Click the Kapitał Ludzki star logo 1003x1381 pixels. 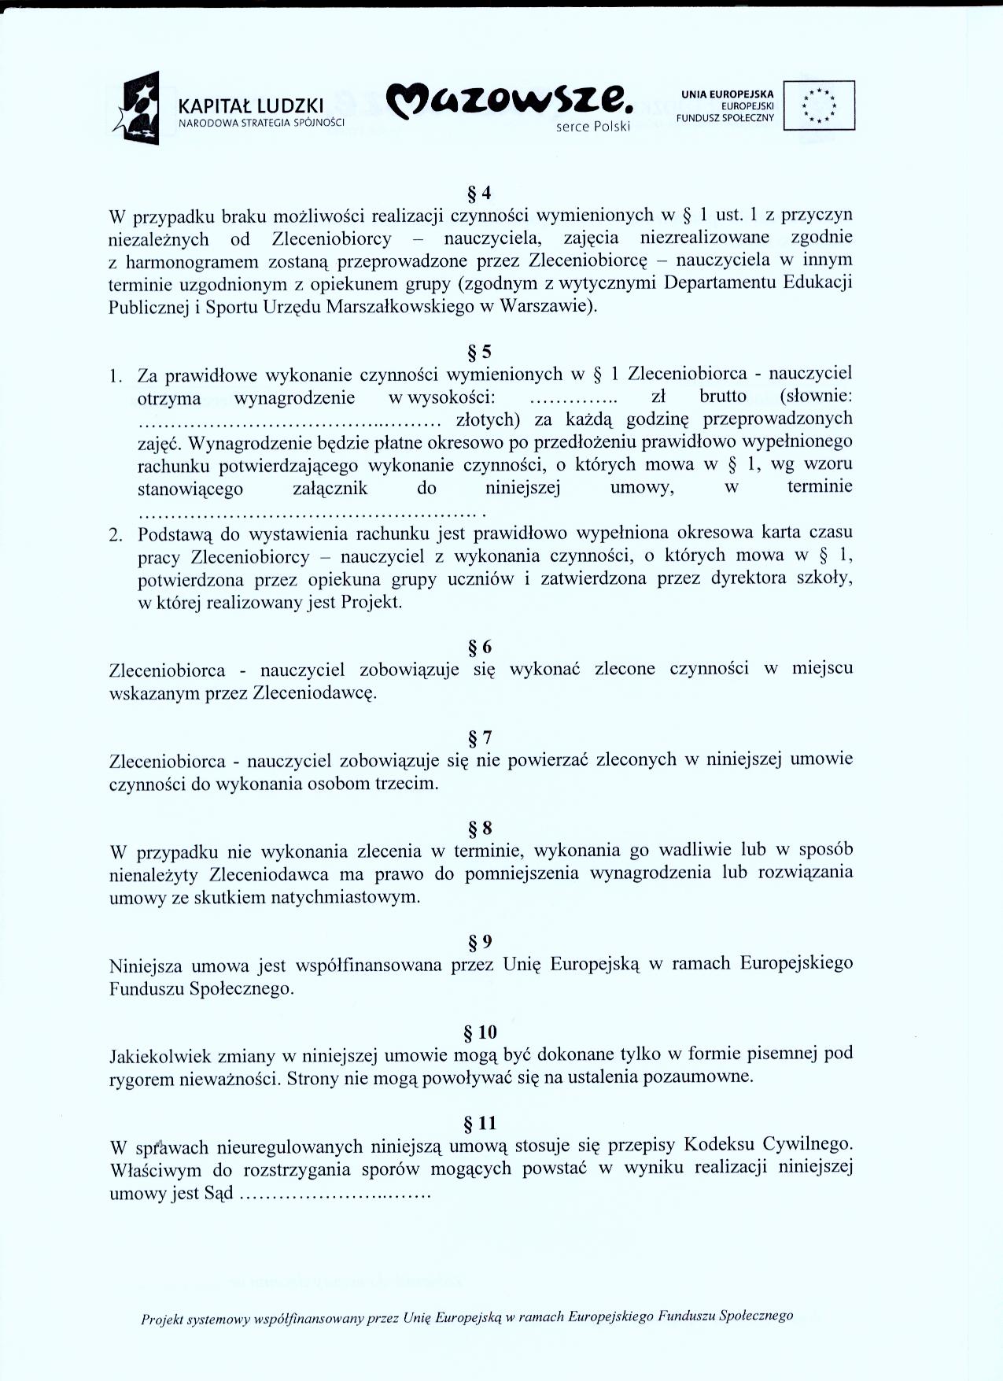coord(142,108)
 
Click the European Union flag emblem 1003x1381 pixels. coord(820,105)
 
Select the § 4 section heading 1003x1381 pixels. coord(480,192)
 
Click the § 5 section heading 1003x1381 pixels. coord(480,352)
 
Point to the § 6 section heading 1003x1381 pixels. coord(480,647)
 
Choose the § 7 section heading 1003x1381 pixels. coord(480,738)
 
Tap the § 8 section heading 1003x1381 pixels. coord(480,828)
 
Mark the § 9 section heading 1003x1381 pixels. coord(480,942)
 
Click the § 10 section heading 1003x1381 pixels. coord(480,1032)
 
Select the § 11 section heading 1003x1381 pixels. coord(480,1123)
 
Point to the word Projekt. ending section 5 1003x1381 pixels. coord(371,603)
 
